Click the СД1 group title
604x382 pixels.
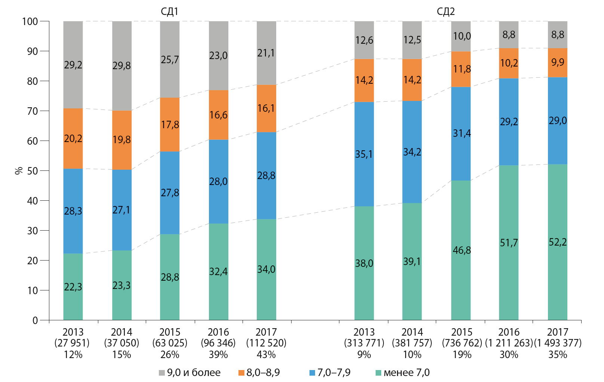pos(169,11)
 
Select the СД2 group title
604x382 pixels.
pos(446,11)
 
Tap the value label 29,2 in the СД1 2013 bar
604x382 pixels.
pos(73,65)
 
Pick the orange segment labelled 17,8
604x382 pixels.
pos(170,124)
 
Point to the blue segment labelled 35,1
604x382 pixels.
pos(364,154)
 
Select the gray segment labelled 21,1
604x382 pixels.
pos(266,53)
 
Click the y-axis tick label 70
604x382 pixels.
pos(33,111)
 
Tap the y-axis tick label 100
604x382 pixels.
pos(30,21)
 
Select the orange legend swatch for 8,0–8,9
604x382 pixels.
pos(241,373)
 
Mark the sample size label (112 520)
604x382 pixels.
pos(266,343)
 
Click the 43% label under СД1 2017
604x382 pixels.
pos(266,354)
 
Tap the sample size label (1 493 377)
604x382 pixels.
pos(558,343)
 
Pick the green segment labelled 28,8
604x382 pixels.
pos(170,277)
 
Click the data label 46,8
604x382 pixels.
pos(462,250)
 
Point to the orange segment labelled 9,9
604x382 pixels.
pos(557,62)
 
